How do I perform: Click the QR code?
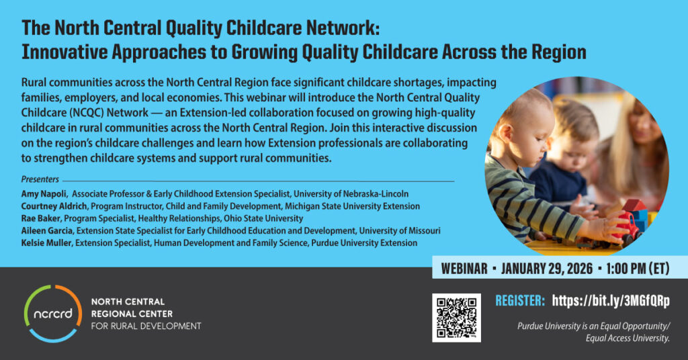coord(456,318)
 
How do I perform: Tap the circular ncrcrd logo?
coord(53,312)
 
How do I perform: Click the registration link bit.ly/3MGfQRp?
coord(611,300)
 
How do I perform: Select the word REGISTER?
coord(520,300)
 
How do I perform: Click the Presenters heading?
coord(40,180)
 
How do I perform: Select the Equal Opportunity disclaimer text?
coord(594,332)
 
